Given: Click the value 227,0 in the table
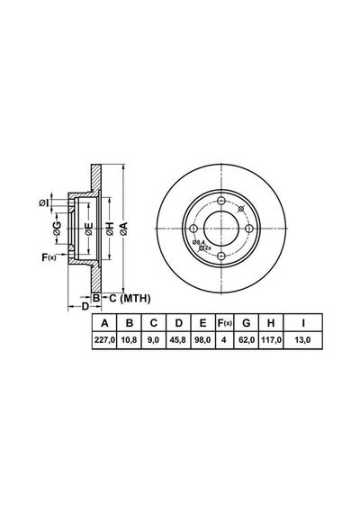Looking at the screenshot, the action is [104, 340].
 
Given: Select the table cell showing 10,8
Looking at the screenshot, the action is [129, 340].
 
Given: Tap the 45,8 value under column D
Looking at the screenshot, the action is [178, 340].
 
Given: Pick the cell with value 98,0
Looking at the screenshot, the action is [202, 340].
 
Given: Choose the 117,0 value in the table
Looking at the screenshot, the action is [271, 340].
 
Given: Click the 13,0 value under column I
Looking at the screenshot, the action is [302, 340].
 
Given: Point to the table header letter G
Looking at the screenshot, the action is [246, 323].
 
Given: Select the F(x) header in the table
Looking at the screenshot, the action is [225, 323].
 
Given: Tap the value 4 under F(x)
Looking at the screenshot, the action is [224, 340].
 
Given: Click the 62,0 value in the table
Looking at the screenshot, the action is [247, 340].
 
